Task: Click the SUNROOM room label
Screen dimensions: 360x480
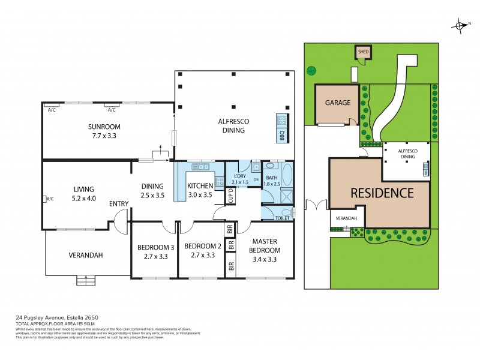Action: coord(104,127)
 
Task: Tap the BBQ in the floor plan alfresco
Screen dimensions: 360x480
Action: coord(282,128)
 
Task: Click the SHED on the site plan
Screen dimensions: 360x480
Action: coord(363,52)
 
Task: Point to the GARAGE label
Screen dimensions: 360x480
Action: coord(338,103)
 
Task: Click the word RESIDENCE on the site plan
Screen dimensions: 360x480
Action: coord(382,193)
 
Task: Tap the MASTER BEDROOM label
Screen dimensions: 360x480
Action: coord(265,246)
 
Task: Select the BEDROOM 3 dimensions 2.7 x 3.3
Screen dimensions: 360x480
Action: coord(155,256)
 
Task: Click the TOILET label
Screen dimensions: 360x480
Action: coord(282,218)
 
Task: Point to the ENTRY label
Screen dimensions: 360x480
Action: coord(119,204)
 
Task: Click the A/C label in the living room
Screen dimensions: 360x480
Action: coord(50,199)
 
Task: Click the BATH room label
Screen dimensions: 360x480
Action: coord(272,178)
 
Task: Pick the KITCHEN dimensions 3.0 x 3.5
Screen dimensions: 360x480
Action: coord(200,195)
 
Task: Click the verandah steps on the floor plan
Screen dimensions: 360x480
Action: coord(86,279)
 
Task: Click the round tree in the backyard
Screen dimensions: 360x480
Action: coord(311,70)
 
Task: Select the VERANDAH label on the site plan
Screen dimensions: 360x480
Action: coord(346,218)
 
